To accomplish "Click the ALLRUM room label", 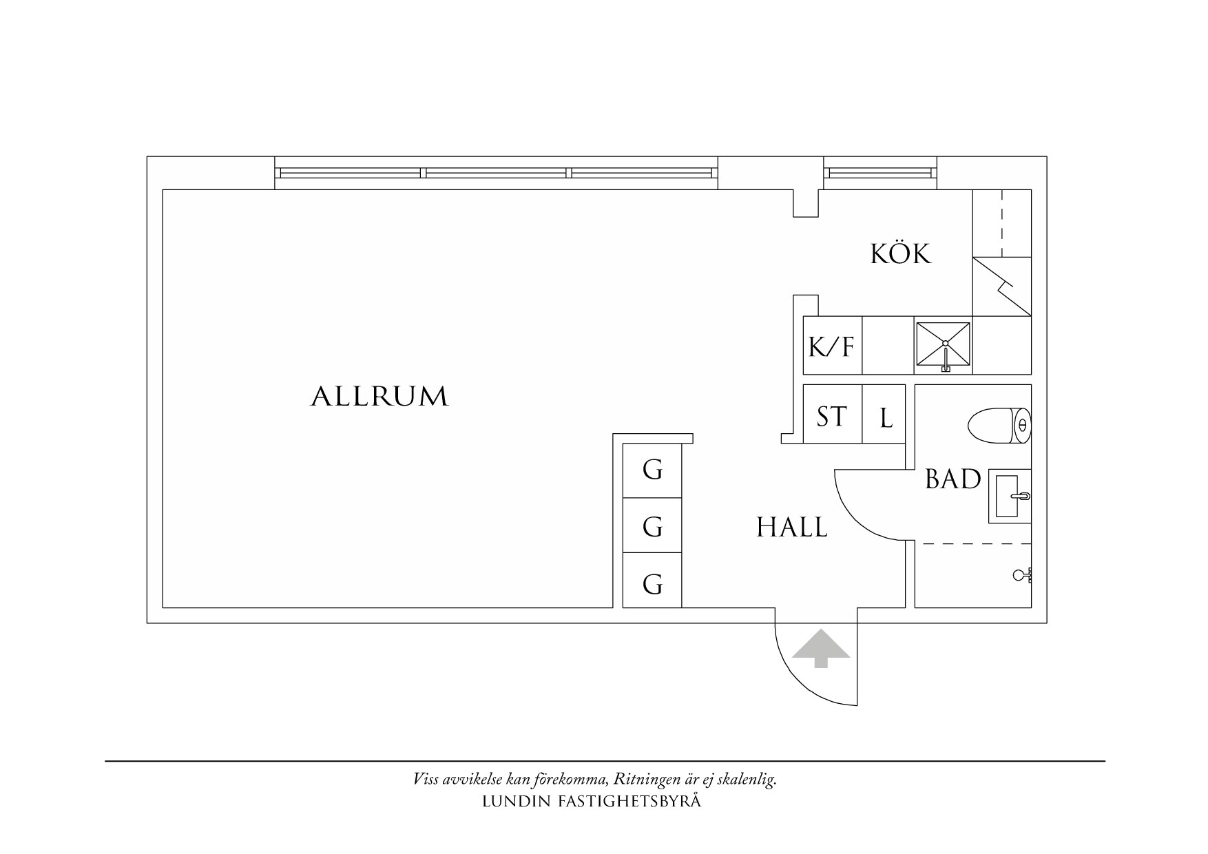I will [379, 397].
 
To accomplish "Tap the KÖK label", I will [900, 254].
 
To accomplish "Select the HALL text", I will [792, 528].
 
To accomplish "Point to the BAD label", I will [952, 479].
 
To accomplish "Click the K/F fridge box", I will [832, 346].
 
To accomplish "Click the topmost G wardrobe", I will [652, 470].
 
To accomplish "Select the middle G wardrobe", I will [652, 527].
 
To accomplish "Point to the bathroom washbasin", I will [1010, 495].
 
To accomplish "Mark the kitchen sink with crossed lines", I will [943, 345].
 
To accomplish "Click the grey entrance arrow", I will [820, 649].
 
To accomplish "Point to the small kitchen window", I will [879, 173].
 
